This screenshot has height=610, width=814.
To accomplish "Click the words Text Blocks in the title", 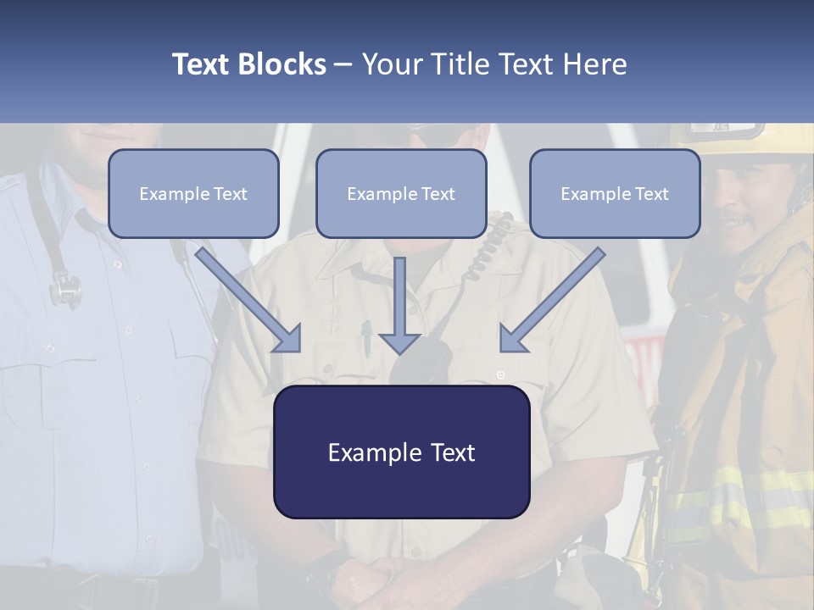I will (248, 64).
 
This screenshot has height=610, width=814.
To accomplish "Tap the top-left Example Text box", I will (193, 194).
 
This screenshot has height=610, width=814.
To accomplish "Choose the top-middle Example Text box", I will (401, 194).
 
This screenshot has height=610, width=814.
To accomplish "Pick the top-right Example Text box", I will (615, 194).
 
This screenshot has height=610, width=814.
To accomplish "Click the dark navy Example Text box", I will (401, 452).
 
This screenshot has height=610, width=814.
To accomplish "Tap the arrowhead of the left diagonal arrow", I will (288, 339).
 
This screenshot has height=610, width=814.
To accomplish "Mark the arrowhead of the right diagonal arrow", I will (512, 339).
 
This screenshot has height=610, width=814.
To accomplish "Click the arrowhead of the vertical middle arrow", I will (399, 343).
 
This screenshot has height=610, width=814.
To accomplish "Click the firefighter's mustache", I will (736, 222).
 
